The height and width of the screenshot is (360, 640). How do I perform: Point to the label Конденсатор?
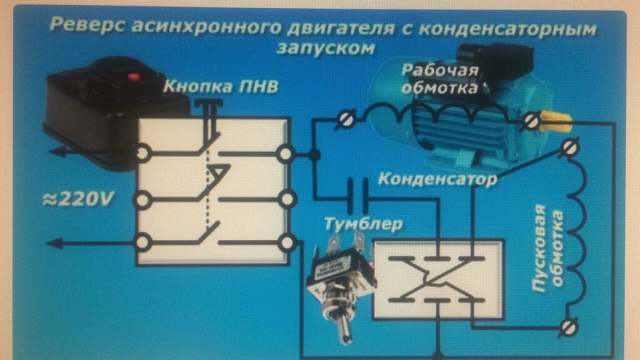point(438,180)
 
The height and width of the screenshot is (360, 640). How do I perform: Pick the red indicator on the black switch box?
point(131,77)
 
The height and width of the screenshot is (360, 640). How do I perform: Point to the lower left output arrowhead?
point(53,242)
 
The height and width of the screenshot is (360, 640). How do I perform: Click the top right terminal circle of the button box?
point(286,153)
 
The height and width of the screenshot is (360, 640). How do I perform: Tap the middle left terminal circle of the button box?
point(142,200)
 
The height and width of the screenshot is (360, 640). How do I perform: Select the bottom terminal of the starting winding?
point(569,326)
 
